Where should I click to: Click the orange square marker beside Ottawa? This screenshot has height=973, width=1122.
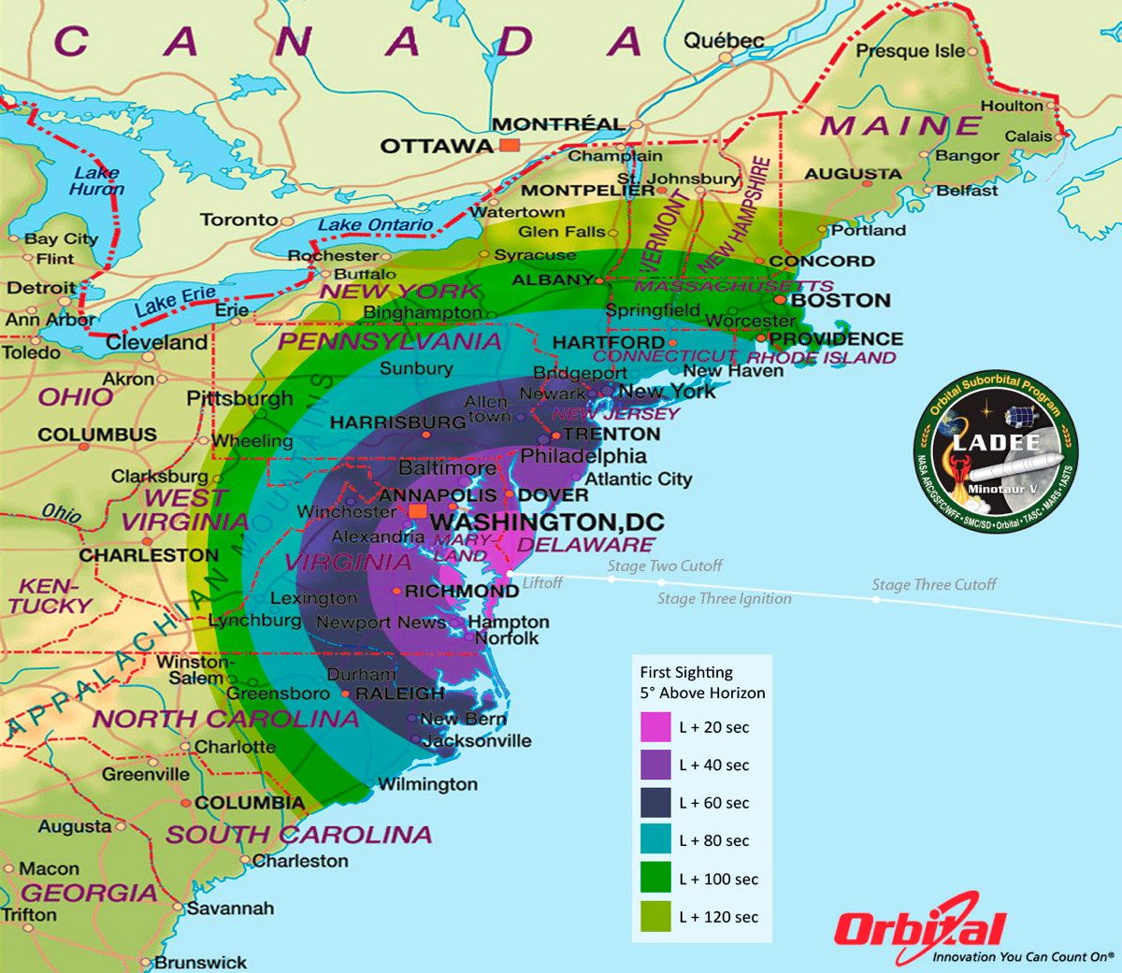coord(510,145)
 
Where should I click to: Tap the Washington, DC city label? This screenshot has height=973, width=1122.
coord(547,522)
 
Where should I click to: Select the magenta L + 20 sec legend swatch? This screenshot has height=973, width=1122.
coord(655,727)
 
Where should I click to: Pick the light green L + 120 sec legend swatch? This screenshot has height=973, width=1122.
coord(655,917)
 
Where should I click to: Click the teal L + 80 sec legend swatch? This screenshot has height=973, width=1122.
coord(655,841)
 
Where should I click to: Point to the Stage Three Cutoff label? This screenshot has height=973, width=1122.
coord(934,585)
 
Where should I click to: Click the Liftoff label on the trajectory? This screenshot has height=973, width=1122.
coord(542,583)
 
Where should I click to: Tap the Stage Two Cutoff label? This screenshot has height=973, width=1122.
coord(665,565)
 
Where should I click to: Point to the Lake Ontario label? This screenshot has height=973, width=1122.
coord(375,225)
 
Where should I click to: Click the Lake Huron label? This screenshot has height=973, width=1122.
coord(96,180)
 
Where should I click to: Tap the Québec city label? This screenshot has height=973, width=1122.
coord(724,40)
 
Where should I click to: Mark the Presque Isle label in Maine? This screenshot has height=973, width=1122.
coord(911,51)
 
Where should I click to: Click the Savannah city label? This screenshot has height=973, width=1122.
coord(230,908)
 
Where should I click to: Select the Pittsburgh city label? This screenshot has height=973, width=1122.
coord(239,399)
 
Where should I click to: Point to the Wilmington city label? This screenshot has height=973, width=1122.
coord(427,784)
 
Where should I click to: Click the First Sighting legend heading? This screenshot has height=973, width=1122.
coord(702,682)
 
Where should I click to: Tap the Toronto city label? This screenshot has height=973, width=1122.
coord(238,220)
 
